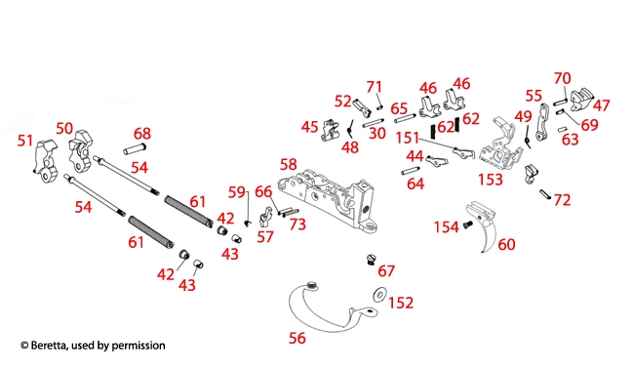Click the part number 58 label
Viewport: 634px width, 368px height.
[289, 165]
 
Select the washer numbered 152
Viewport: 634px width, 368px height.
[379, 295]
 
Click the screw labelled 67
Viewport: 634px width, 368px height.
[372, 259]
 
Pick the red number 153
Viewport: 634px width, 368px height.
[491, 180]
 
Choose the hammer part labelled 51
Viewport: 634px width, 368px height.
[46, 161]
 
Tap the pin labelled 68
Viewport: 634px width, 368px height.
[135, 148]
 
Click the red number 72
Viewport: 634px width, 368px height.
[562, 200]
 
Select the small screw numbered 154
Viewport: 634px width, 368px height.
[467, 225]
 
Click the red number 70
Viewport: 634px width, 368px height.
[562, 78]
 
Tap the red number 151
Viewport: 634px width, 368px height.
[407, 138]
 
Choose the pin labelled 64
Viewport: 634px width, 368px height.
[411, 171]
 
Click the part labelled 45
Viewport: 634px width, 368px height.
[331, 131]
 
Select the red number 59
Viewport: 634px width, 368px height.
[237, 192]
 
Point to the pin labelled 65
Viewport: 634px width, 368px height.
[405, 119]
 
